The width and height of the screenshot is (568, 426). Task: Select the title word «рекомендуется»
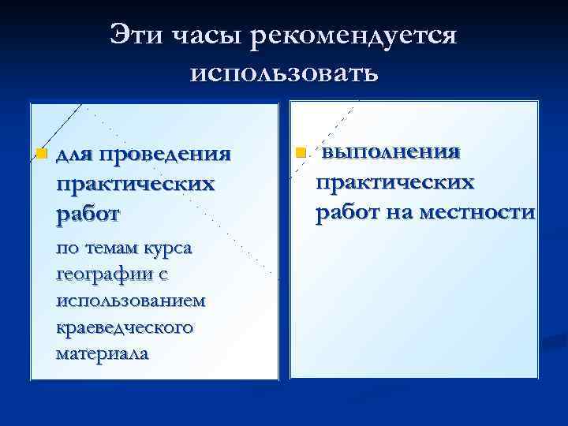click(x=355, y=36)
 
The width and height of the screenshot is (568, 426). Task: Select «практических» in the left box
click(x=135, y=183)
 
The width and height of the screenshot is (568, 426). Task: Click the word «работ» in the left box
click(x=88, y=213)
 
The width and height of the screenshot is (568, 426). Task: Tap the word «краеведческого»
click(x=124, y=327)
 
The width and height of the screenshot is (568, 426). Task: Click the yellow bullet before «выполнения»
click(x=300, y=151)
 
